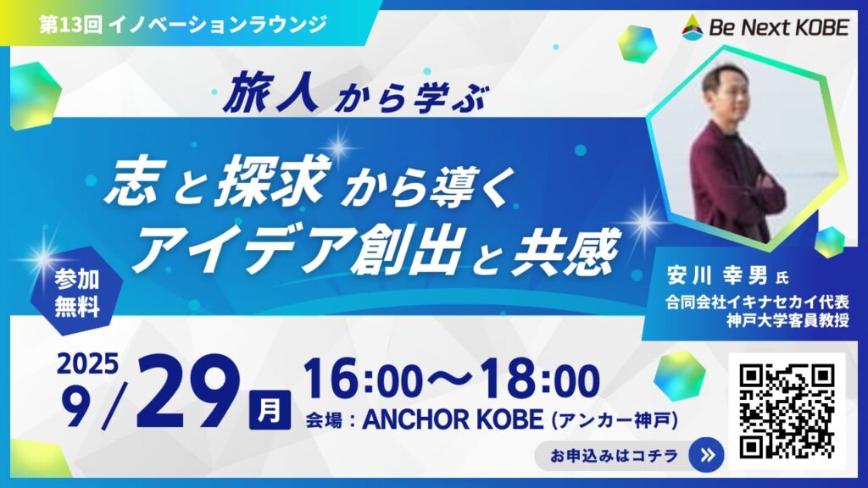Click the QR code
pos(787,411)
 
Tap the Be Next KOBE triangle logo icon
pos(692,26)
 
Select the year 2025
pos(88,363)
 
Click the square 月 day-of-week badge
pos(270,410)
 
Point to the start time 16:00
pos(363,380)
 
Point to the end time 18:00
pos(540,380)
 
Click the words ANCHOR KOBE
pos(453,420)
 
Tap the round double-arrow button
pos(706,455)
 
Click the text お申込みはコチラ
pos(614,455)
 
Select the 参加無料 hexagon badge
pos(76,291)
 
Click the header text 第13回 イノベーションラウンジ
pos(183,25)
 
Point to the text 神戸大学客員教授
pos(787,320)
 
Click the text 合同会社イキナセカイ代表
pos(757,302)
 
